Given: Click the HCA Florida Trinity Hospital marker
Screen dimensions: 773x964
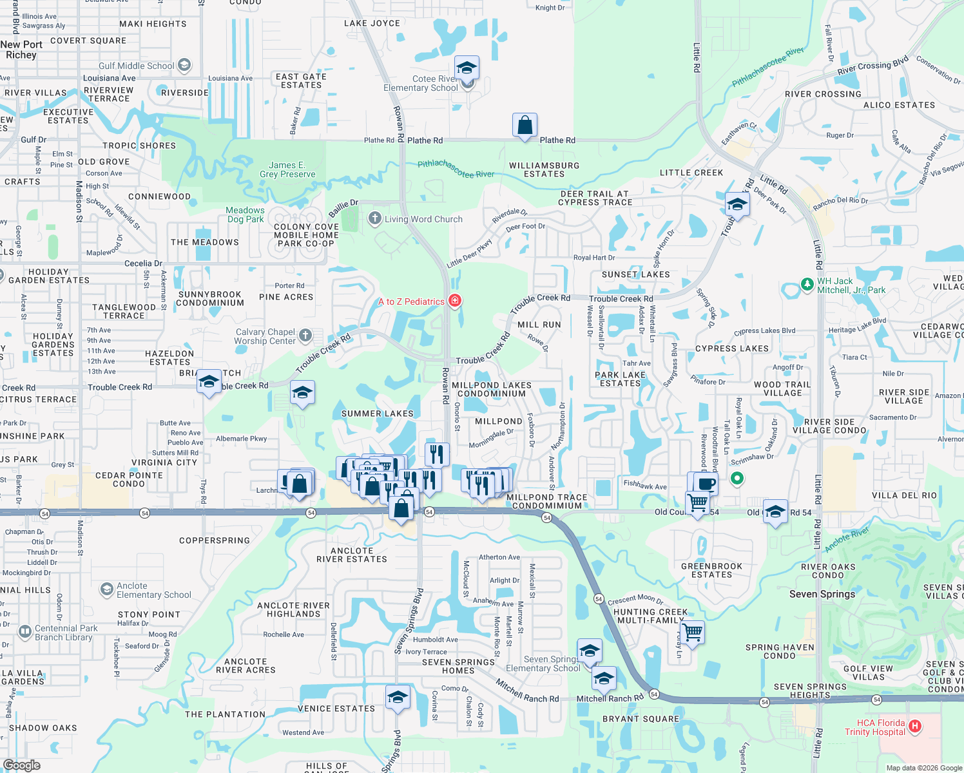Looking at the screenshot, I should pos(914,727).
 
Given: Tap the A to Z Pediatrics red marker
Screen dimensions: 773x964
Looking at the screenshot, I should pos(455,301).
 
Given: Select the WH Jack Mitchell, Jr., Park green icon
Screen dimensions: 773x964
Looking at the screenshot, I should pos(807,284).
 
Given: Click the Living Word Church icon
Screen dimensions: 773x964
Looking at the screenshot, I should pos(375,218).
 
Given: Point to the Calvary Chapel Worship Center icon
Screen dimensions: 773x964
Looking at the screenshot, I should pos(305,335).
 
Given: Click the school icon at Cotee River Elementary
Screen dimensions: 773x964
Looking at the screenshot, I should pos(467,68).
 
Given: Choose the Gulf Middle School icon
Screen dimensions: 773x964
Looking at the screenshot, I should pos(184,65).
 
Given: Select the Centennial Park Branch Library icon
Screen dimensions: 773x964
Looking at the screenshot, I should pos(25,632).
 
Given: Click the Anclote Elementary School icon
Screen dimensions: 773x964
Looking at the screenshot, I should pos(106,589).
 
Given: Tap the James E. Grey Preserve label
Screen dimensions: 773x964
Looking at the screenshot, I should pos(287,169).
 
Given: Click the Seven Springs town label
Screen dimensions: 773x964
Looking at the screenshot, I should pos(822,594).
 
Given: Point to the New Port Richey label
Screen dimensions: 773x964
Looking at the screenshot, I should pos(21,50).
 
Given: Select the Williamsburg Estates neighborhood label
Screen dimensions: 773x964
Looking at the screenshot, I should pos(544,169).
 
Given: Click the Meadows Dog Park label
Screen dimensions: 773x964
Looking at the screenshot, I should pos(245,215).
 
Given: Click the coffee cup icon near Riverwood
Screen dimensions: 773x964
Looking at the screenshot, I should pos(707,483).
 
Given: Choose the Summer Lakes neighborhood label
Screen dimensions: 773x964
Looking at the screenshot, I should pos(377,414).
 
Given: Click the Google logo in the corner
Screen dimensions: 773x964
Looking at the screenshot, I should pos(21,765).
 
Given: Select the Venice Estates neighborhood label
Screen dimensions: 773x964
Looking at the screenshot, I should pos(336,709).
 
